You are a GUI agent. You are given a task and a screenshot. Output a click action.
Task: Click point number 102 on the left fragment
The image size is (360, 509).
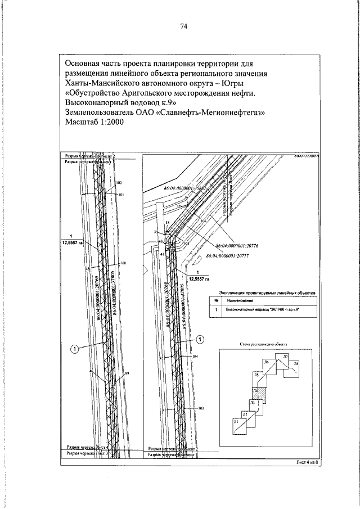coord(119,183)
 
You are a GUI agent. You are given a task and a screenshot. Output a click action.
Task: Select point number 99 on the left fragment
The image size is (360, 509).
coord(127,373)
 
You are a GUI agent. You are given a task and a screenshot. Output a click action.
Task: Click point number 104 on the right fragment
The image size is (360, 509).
coord(195,357)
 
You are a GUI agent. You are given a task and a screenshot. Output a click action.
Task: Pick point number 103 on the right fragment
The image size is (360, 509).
coord(200,407)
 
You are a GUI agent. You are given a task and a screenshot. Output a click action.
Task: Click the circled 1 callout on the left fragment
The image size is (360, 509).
coord(74,349)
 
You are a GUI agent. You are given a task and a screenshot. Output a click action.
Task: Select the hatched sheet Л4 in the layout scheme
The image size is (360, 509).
coord(256,391)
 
